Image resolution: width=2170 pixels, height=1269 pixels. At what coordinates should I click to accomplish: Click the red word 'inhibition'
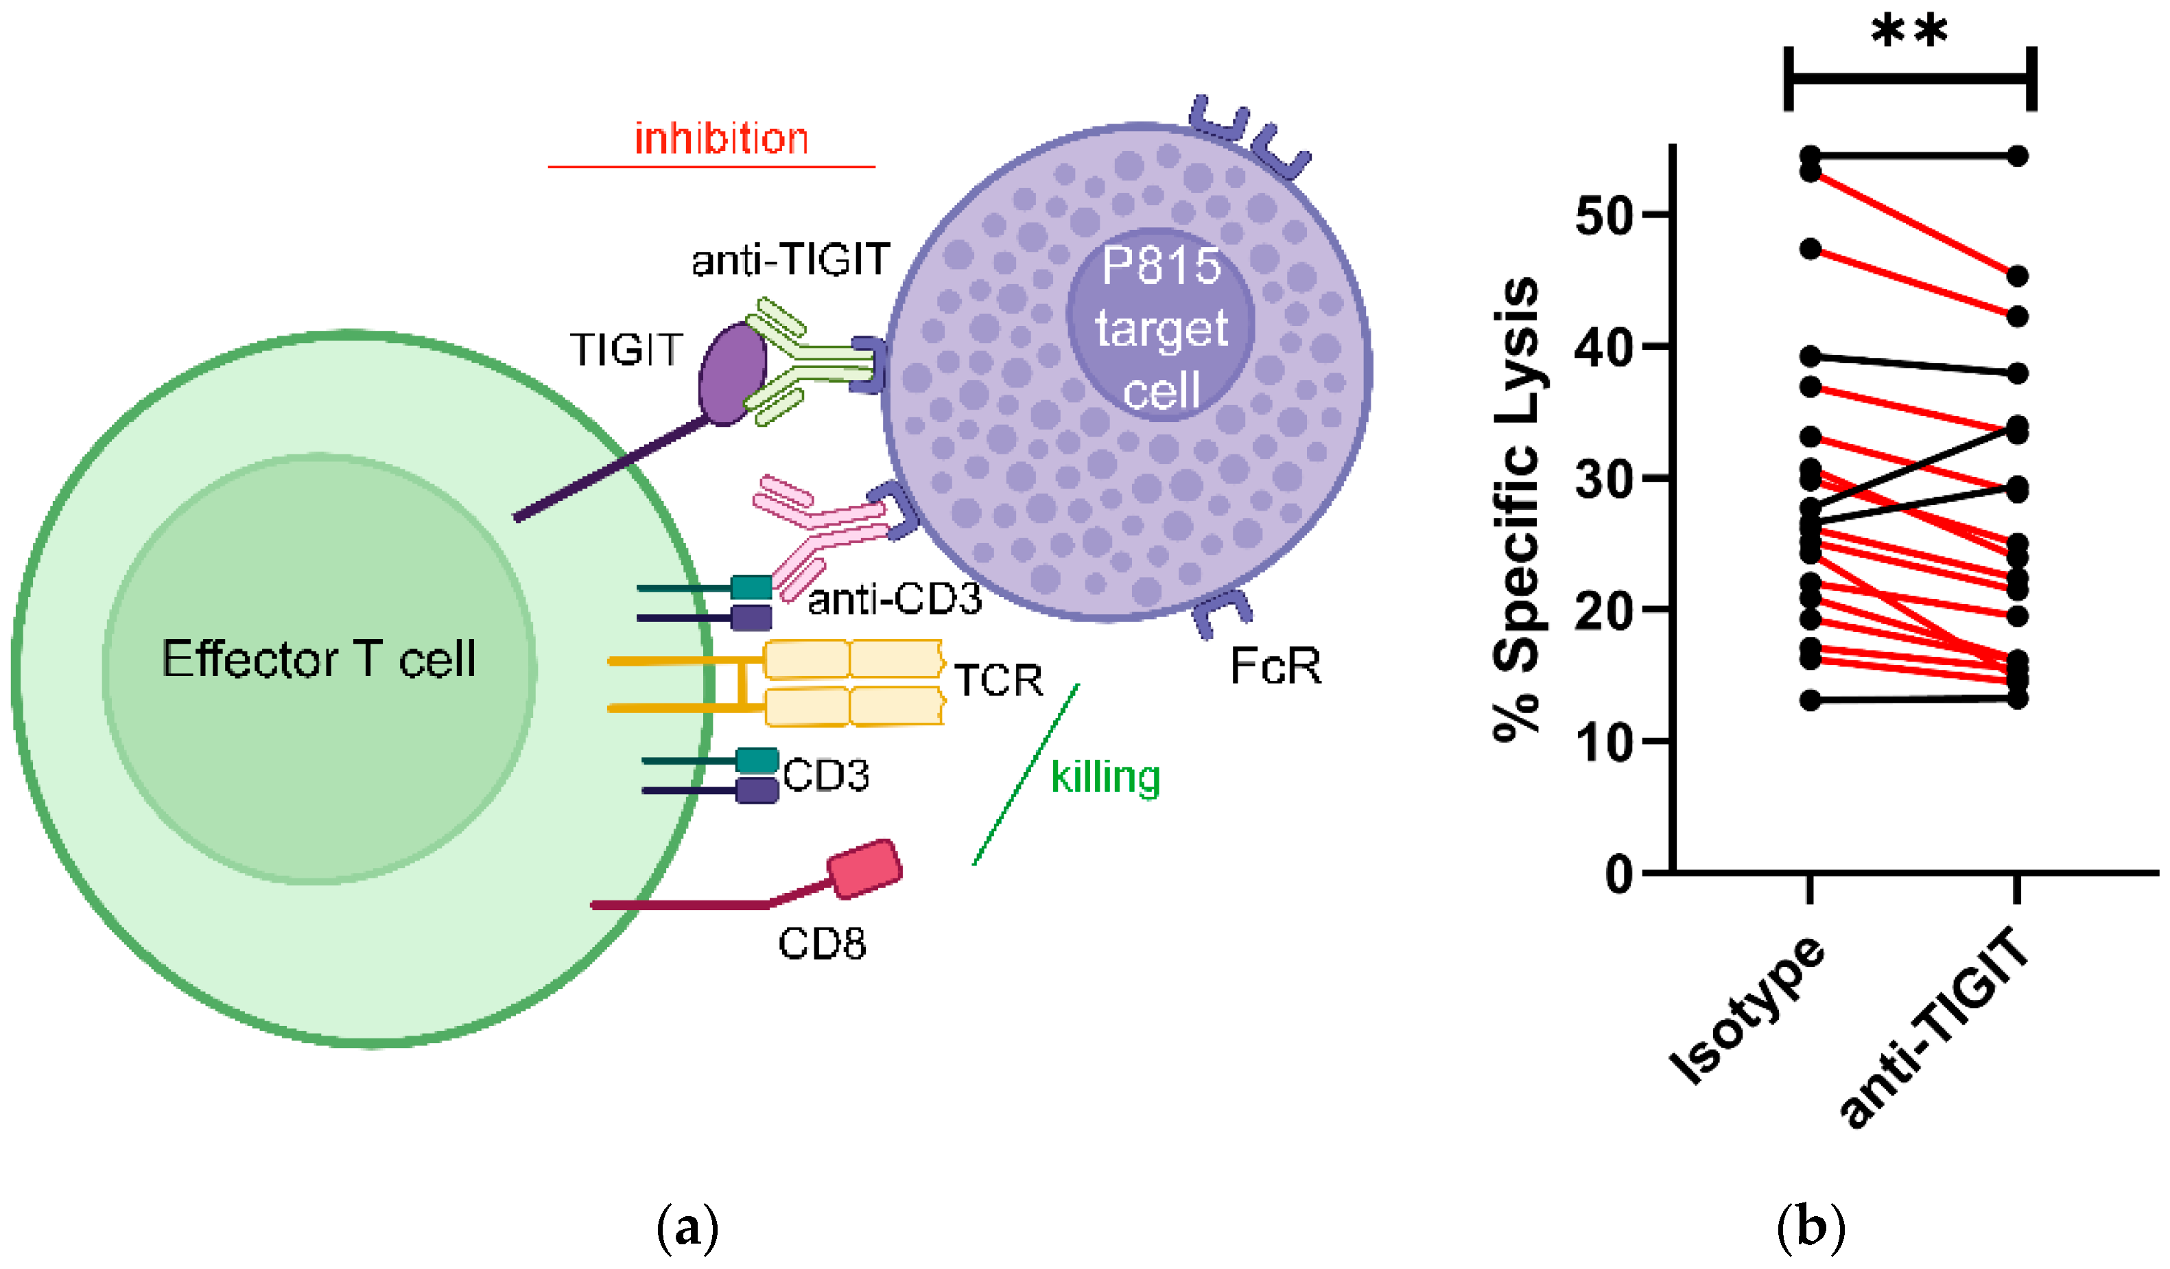[721, 139]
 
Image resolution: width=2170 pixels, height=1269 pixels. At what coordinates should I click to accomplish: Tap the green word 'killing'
[1106, 777]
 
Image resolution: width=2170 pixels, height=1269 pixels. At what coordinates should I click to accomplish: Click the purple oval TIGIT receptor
[732, 374]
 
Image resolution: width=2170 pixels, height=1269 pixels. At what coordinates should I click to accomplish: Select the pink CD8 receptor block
[864, 870]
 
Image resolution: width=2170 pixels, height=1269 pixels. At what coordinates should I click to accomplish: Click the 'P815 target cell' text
[1161, 327]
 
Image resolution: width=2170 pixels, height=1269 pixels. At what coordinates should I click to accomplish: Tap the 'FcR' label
[1275, 666]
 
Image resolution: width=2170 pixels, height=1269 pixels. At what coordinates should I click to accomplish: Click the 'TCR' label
[999, 681]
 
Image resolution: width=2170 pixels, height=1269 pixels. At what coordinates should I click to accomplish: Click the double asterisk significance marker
[1910, 33]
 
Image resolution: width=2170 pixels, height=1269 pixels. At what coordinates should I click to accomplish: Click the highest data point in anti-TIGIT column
[2018, 156]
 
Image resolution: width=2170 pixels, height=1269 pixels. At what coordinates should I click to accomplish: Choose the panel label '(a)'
[687, 1228]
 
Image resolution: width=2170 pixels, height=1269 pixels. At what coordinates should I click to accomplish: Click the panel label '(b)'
[1811, 1228]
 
